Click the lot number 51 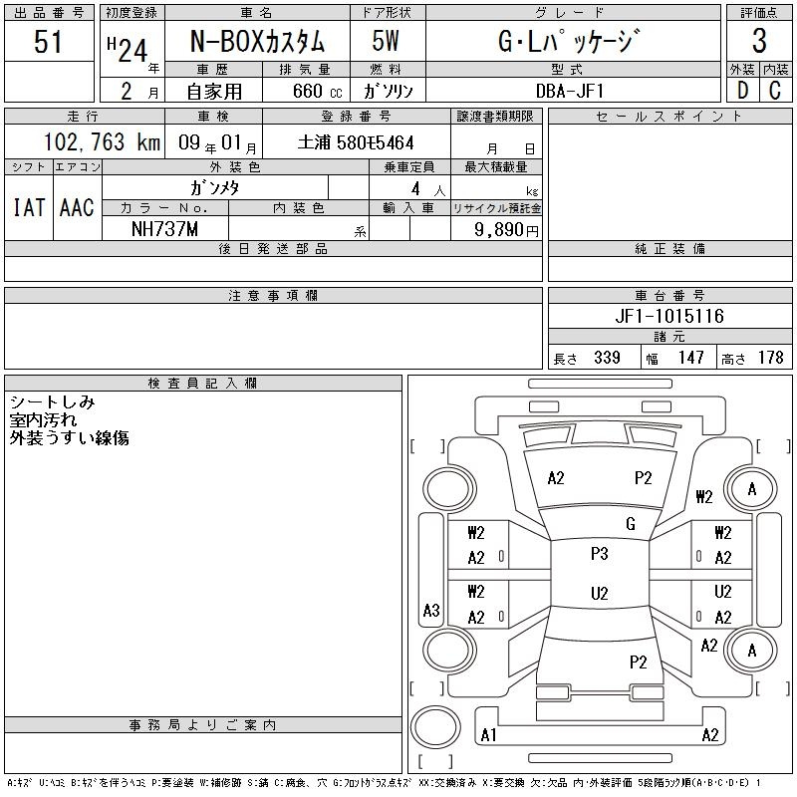[48, 42]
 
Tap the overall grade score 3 [759, 41]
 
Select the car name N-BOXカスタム [257, 41]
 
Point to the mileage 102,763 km [102, 141]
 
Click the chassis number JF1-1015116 [669, 316]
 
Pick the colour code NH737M [164, 229]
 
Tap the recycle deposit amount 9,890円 [506, 230]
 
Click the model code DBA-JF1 [570, 91]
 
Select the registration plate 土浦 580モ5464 [356, 142]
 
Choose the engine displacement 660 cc [317, 91]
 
